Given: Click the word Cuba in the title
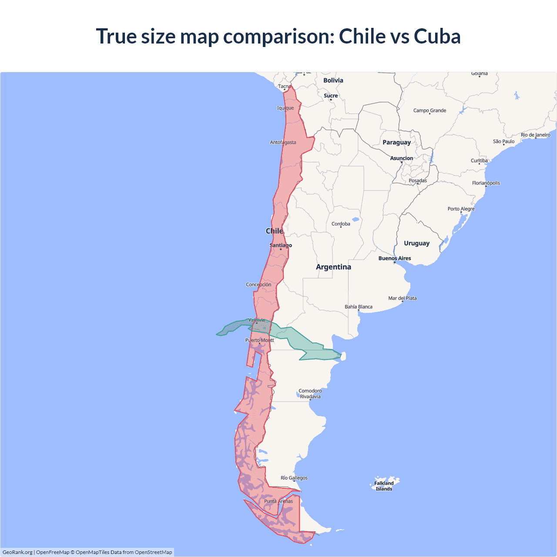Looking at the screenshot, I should coord(437,36).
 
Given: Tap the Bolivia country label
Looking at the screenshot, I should coord(333,81).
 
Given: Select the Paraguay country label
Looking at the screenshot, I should coord(396,142).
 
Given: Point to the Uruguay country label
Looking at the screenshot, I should coord(416,243).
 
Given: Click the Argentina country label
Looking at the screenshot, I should coord(333,267).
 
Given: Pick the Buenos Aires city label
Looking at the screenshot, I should coord(395,258).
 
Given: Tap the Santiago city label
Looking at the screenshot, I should coord(281,245).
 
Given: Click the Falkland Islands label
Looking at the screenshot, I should coord(384,486).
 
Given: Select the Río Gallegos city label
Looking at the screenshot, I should coord(294,478).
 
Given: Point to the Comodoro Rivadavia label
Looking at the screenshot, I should coord(310,394).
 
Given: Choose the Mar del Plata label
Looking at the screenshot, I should coord(403,298).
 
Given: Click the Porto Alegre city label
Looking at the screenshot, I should coord(461,209).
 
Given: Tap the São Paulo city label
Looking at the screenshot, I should coord(503,141).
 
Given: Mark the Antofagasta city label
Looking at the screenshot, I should coord(283,142).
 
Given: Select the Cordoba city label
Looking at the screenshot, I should coord(341,224).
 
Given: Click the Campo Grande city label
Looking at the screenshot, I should coord(429,111).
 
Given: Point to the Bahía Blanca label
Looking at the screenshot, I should coord(359,307).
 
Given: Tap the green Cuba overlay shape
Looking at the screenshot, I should coord(305,344).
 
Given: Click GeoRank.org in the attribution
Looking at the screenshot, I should coord(17,552).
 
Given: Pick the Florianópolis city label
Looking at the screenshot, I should coord(486,183).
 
